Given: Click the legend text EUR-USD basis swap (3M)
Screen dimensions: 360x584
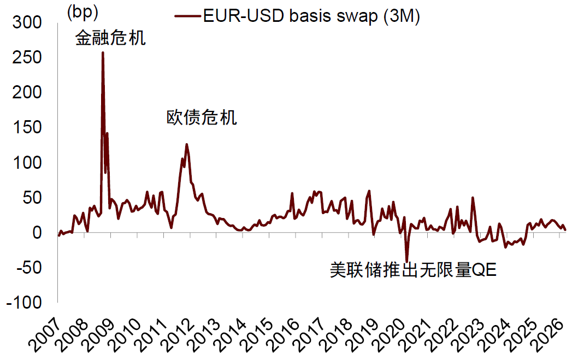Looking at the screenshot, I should [x=311, y=16].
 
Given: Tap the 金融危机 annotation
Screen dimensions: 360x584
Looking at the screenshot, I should [x=110, y=38].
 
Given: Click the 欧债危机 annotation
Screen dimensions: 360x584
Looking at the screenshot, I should [x=202, y=117].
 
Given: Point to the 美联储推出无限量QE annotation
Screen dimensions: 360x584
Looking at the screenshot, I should [x=413, y=269].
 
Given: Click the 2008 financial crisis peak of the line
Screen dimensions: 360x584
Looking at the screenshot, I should [x=103, y=52].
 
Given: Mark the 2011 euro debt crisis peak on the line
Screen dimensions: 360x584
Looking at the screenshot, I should [x=187, y=144].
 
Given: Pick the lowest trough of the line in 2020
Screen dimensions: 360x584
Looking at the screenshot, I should [x=406, y=261].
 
